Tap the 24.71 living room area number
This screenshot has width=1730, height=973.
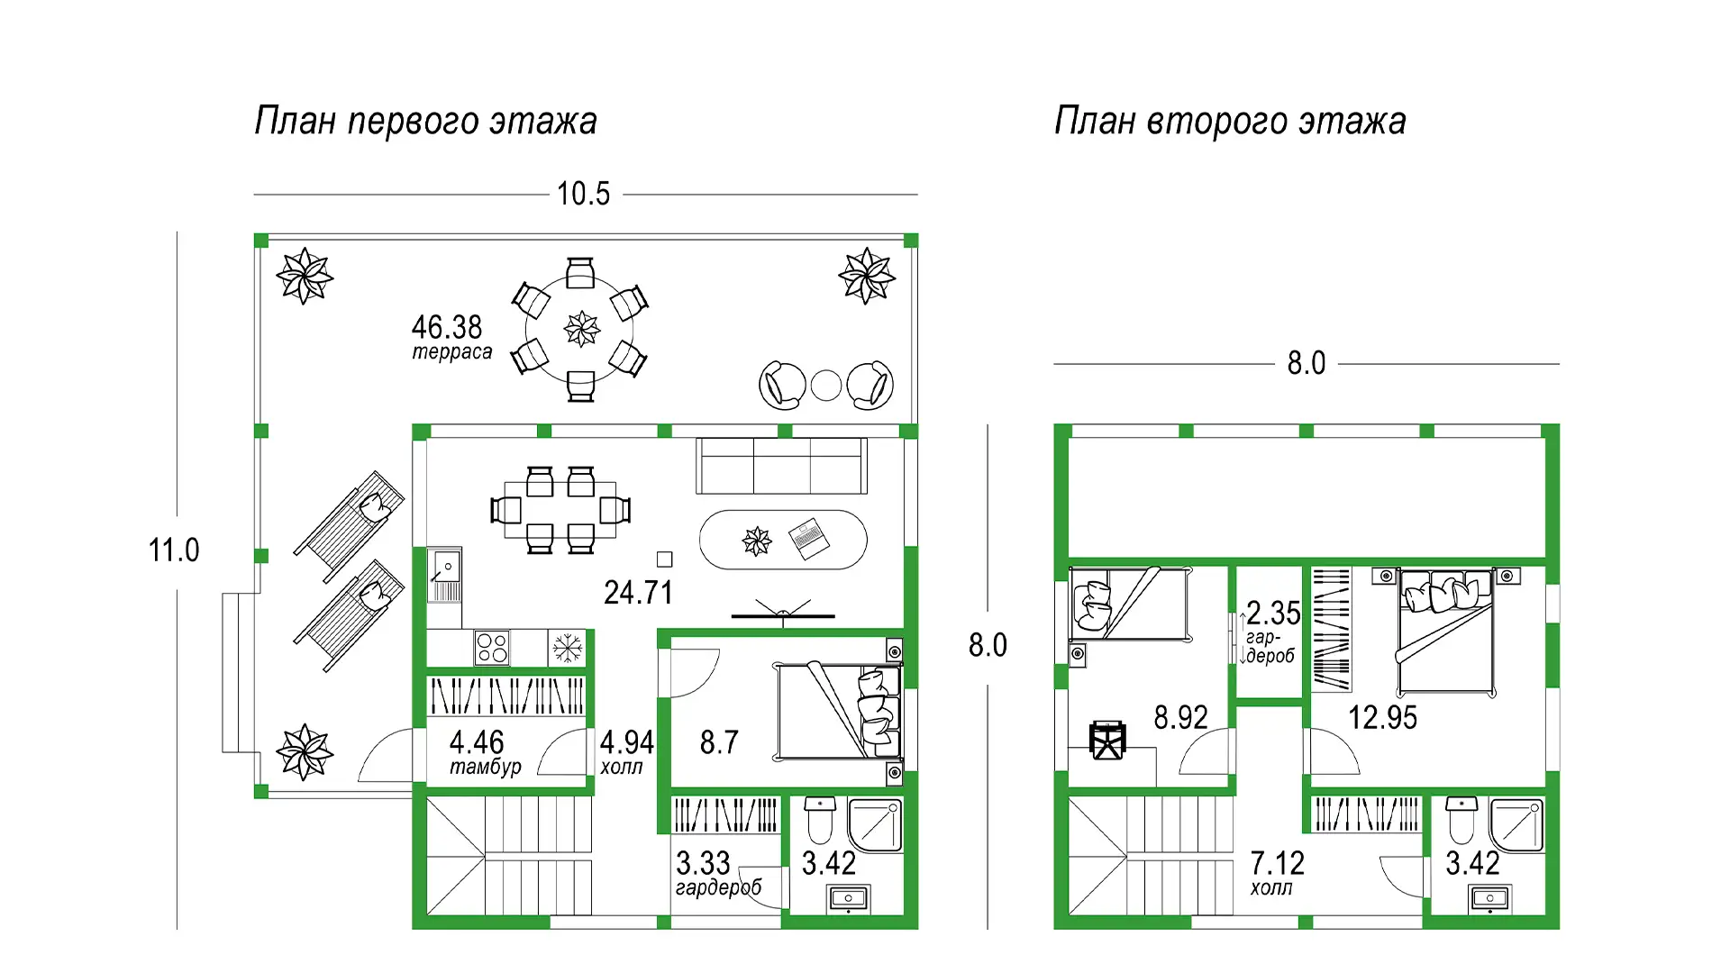tap(638, 593)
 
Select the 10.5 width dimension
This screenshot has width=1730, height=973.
tap(583, 194)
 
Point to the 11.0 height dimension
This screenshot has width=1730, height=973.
tap(174, 550)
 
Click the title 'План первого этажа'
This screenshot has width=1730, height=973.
tap(425, 121)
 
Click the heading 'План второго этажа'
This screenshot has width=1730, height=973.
tap(1230, 121)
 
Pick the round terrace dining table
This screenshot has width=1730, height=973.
tap(581, 330)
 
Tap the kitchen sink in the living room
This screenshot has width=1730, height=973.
tap(444, 574)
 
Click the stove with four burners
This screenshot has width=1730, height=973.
tap(492, 647)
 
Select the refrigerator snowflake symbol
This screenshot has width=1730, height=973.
tap(567, 647)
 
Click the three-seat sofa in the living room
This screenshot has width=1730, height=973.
tap(781, 466)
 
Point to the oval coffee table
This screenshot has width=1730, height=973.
tap(783, 540)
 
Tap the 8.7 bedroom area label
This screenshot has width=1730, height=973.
tap(719, 742)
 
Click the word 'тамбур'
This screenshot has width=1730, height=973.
tap(486, 767)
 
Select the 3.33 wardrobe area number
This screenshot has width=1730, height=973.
tap(703, 863)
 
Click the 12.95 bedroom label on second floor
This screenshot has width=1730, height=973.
tap(1382, 718)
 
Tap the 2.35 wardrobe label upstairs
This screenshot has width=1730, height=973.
tap(1273, 614)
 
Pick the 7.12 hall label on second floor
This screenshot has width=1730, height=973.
tap(1277, 863)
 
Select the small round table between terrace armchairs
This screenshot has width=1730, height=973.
tap(826, 386)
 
